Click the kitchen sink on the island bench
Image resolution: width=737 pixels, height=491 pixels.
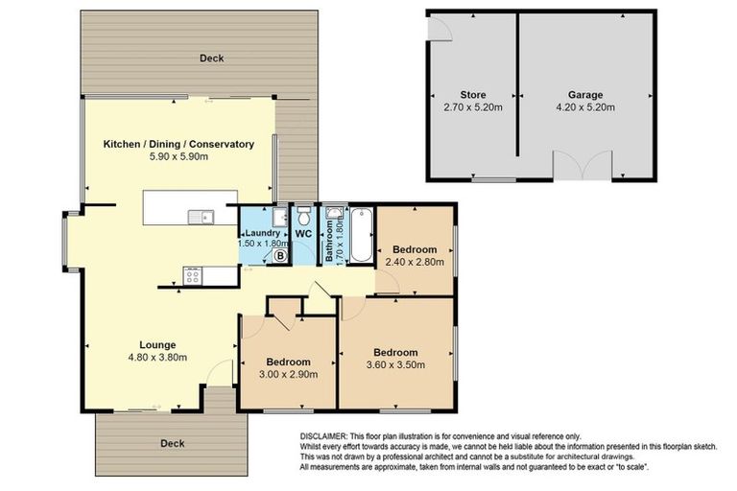click(x=202, y=216)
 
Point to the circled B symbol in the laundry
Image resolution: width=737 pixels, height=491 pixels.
click(x=280, y=256)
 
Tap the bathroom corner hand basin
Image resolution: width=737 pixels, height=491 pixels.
click(x=335, y=214)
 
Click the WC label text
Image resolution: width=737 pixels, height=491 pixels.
click(x=303, y=233)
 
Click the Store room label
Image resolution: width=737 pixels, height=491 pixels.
click(x=472, y=95)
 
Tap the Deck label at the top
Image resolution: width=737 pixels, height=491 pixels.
click(x=211, y=58)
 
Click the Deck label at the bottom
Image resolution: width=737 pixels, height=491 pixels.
click(x=172, y=443)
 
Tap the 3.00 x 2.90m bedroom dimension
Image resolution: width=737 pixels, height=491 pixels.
click(x=287, y=374)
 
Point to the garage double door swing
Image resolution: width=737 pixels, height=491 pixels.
click(x=582, y=167)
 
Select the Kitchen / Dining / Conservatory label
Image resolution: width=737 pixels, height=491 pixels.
click(x=178, y=144)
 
